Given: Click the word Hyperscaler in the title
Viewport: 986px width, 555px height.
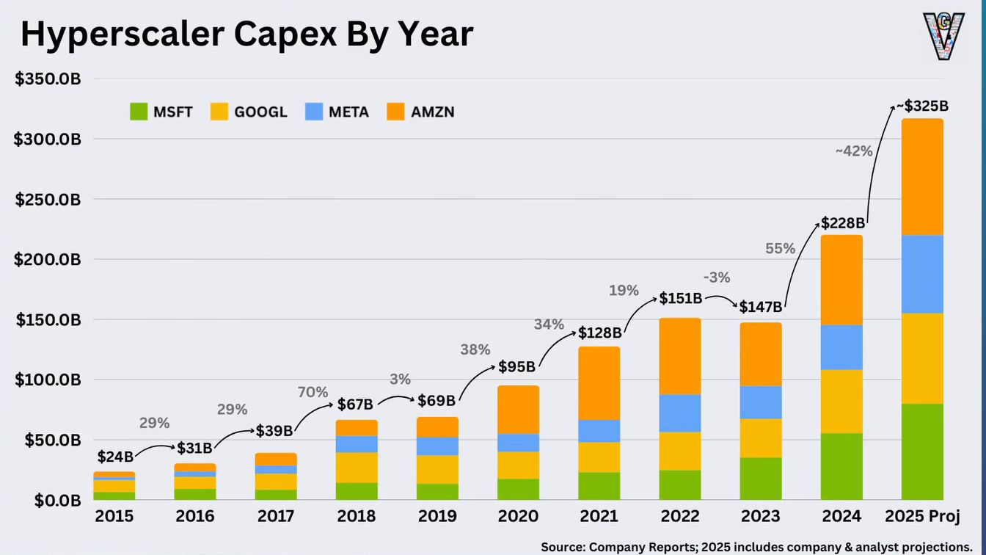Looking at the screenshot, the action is (123, 35).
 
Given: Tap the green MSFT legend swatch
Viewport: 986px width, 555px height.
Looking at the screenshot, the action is (139, 112).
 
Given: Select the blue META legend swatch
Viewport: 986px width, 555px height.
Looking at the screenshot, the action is (314, 112).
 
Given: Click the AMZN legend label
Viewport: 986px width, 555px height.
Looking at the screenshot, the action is (432, 112).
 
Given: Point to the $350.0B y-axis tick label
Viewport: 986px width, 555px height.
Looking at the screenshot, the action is (48, 79).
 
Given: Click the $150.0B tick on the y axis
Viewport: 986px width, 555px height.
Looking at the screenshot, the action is (48, 320).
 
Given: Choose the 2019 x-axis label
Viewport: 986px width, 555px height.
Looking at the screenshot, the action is (437, 516).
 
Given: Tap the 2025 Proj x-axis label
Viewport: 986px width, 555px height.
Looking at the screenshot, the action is (922, 517).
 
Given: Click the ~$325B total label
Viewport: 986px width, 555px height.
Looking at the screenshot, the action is (922, 106).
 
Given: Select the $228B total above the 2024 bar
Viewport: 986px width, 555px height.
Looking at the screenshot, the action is (843, 223).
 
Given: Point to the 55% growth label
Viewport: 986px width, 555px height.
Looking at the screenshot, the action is (780, 249).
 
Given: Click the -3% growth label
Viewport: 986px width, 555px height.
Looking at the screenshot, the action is (717, 277).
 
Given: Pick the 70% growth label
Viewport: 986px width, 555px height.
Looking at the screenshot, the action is (313, 392).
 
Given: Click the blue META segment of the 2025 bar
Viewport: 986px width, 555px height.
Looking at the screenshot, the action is (922, 274).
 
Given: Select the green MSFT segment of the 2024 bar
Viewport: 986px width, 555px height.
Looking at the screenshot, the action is (841, 466).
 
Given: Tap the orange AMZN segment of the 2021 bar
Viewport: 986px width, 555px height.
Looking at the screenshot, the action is (599, 383).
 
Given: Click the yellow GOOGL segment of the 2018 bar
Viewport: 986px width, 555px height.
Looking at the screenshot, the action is (357, 468).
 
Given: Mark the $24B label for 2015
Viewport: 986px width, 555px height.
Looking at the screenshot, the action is (115, 457).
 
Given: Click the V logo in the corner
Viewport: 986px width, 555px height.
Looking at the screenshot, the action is (943, 37).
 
